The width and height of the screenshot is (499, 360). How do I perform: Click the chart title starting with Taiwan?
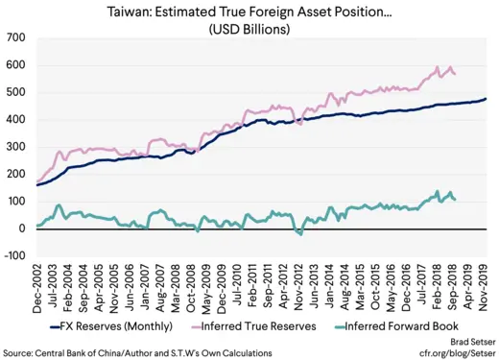tap(249, 12)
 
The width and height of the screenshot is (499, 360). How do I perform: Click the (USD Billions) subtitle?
tap(249, 29)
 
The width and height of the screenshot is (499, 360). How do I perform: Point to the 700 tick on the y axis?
tap(16, 37)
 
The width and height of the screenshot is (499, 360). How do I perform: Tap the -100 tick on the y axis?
tap(14, 256)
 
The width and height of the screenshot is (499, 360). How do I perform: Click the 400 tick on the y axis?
tap(16, 119)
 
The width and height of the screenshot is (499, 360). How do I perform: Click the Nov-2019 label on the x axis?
tap(484, 285)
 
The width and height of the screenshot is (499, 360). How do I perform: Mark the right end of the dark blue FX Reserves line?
tap(486, 99)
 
